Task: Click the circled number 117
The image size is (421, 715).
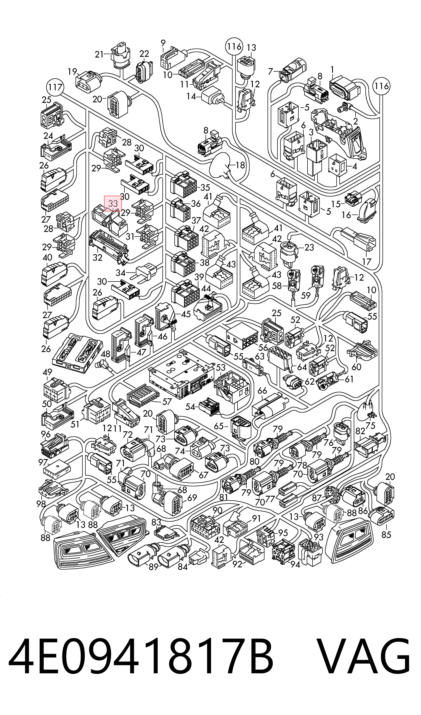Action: (55, 87)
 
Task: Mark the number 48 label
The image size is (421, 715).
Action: (106, 354)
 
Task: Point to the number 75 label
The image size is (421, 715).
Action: (370, 426)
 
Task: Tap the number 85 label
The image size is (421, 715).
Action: (386, 535)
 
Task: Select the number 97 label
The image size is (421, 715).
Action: (43, 462)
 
